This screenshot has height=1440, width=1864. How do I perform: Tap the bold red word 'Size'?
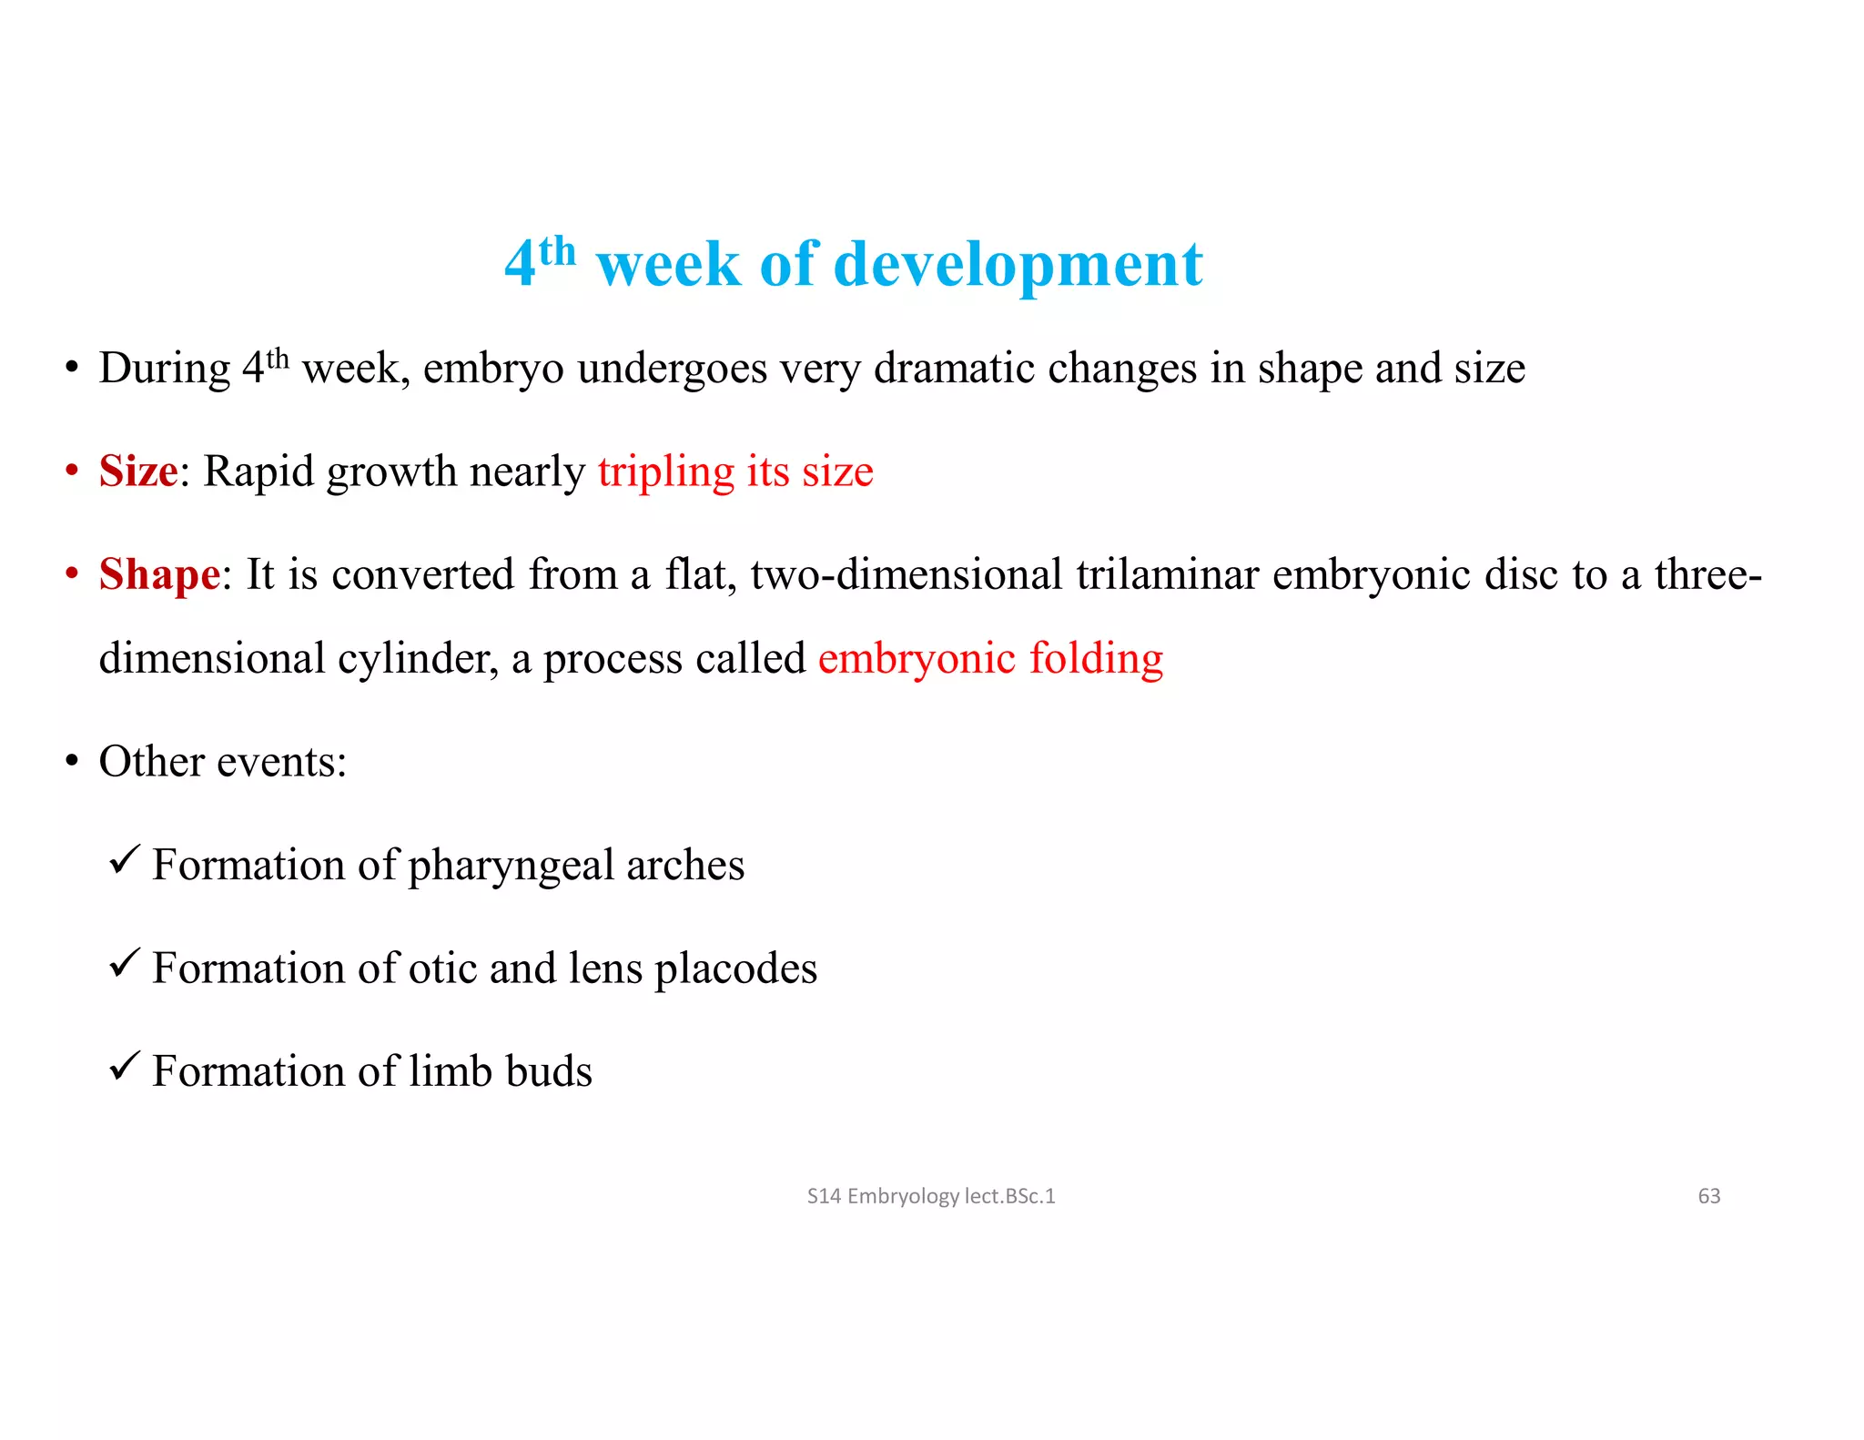[x=138, y=472]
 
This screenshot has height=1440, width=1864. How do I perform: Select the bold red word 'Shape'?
[x=159, y=574]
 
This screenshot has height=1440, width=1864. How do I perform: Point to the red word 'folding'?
[x=1096, y=659]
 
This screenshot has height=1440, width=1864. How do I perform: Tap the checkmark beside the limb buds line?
[x=124, y=1065]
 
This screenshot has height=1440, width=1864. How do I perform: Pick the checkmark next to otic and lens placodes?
[x=124, y=962]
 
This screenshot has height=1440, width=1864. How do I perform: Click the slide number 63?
[x=1708, y=1196]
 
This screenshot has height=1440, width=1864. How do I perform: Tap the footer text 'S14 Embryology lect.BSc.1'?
[x=930, y=1196]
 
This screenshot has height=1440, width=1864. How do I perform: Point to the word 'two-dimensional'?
[x=906, y=574]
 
